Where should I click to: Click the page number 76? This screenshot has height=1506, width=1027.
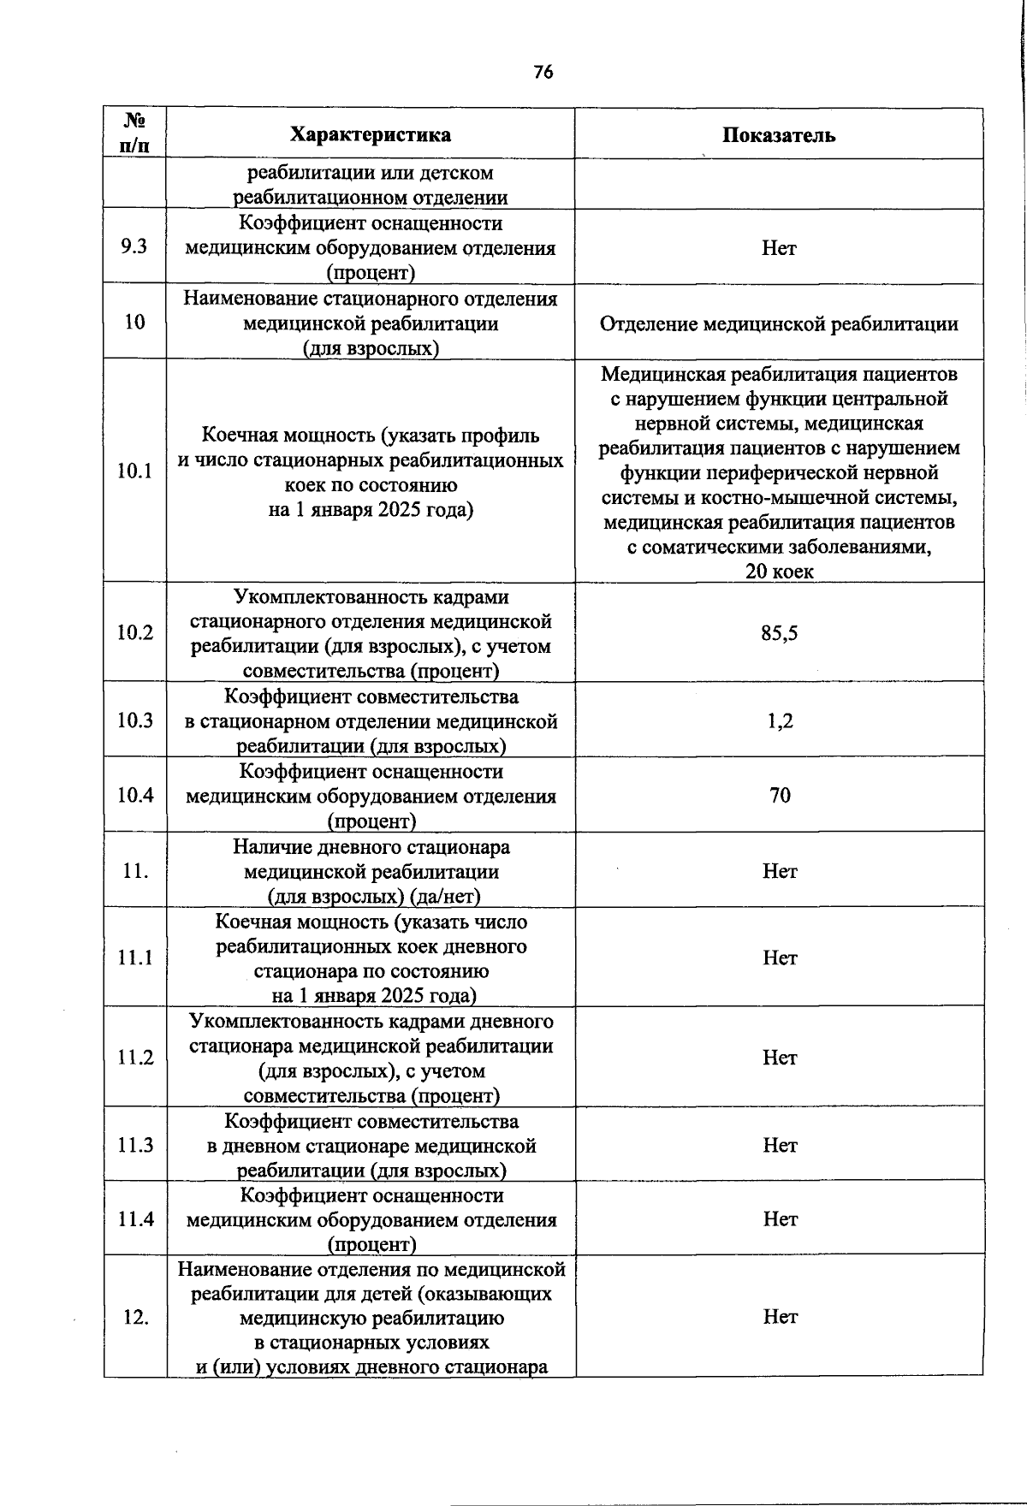pos(543,73)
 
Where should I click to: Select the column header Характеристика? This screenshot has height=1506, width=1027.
pos(370,135)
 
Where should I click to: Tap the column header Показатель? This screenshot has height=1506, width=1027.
pos(779,135)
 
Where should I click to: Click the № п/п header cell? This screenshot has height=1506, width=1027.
pos(134,133)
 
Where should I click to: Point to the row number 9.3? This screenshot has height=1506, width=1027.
pos(134,246)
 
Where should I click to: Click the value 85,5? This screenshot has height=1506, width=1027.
pos(780,633)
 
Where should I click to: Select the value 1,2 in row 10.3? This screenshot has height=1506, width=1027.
pos(780,720)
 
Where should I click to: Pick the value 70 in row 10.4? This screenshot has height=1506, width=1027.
pos(780,796)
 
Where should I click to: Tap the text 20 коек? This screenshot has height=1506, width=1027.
pos(780,571)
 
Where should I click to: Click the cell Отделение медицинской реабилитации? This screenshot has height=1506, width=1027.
pos(779,324)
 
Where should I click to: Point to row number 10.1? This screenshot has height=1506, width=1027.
pos(135,471)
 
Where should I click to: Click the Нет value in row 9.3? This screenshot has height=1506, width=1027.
pos(779,248)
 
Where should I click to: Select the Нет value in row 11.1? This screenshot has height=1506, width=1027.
pos(780,958)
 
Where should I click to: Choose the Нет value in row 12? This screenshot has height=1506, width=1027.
pos(780,1317)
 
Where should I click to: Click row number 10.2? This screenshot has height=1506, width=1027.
pos(135,633)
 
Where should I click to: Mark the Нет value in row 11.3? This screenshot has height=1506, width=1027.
pos(780,1145)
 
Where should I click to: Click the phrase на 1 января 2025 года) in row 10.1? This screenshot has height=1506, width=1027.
pos(371,510)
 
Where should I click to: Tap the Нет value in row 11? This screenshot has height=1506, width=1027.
pos(780,871)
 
